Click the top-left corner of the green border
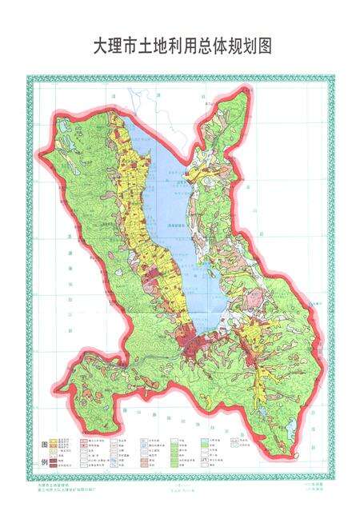click(28, 78)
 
